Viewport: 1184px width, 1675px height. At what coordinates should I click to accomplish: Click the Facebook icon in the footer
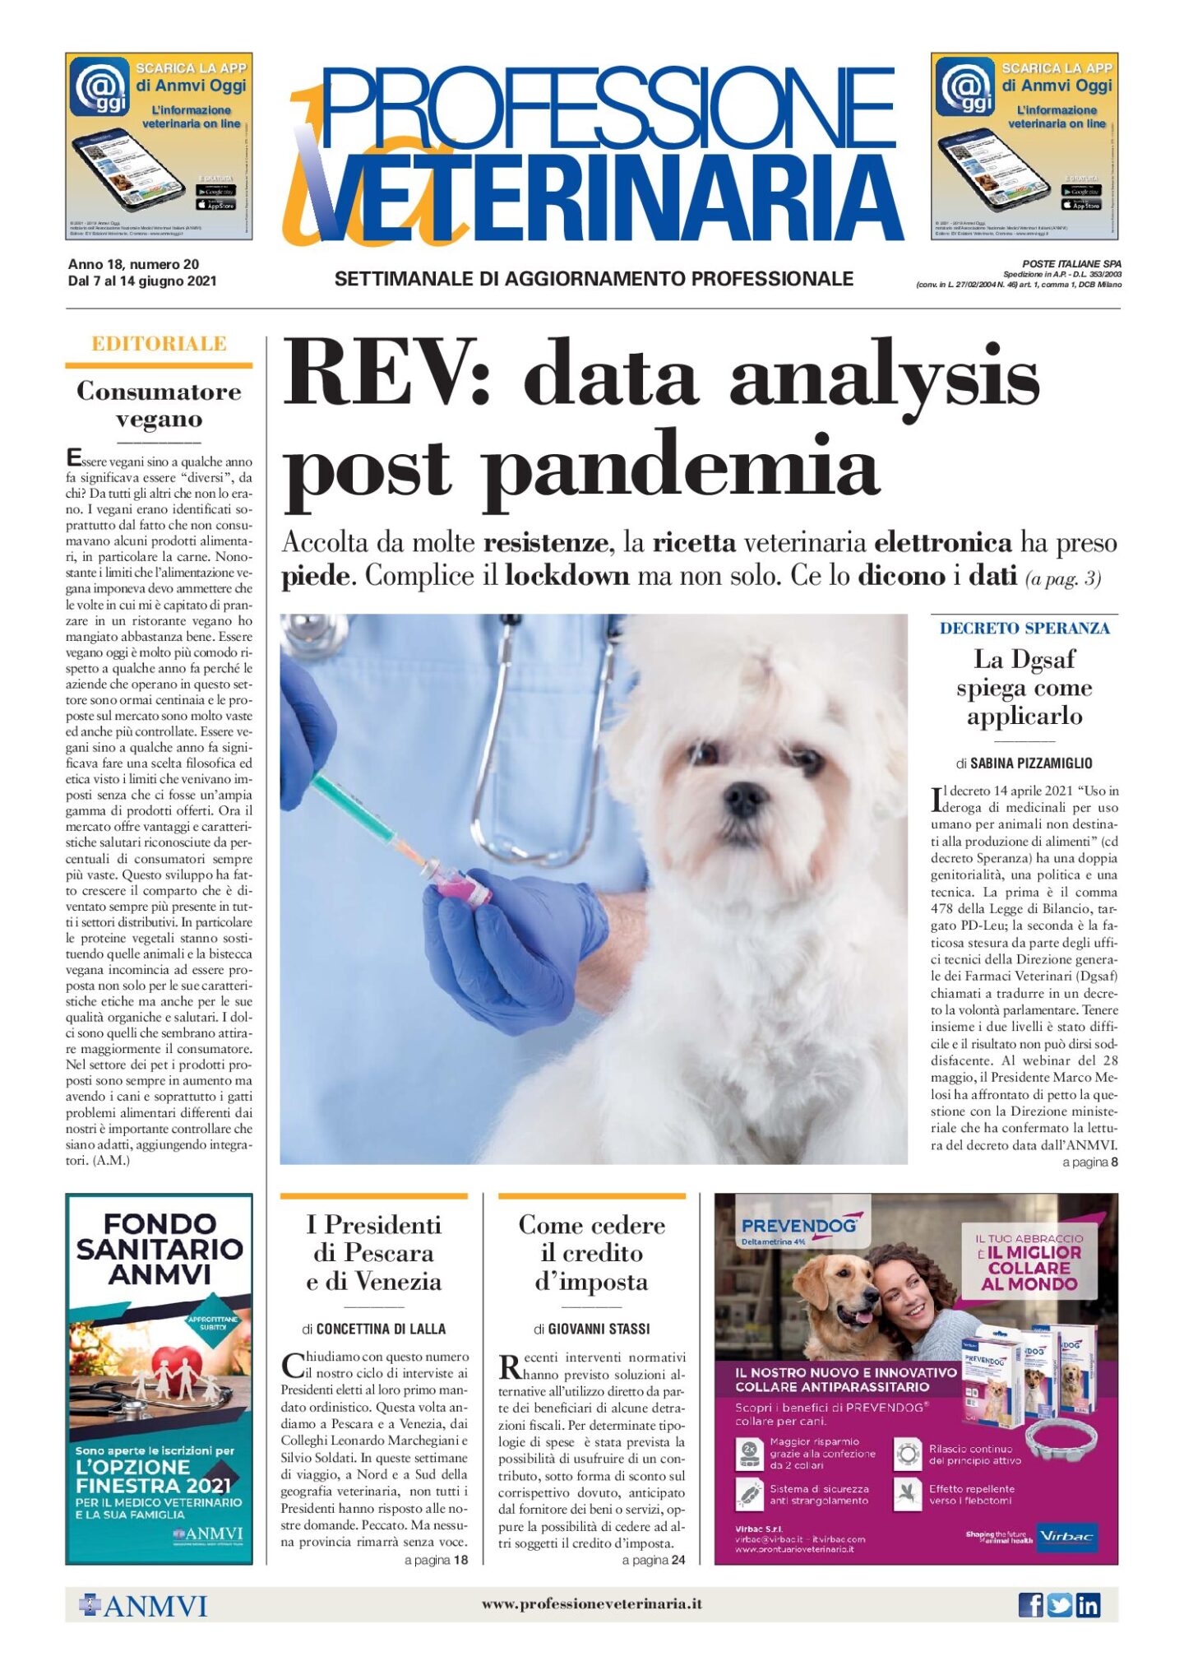(1030, 1604)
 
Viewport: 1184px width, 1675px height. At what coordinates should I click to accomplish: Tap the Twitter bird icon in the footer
(1059, 1604)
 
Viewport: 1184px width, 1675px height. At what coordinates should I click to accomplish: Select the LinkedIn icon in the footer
(1088, 1604)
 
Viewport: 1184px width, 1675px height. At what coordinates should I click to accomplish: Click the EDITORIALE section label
(159, 344)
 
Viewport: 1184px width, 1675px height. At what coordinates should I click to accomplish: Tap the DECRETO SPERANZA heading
(1024, 629)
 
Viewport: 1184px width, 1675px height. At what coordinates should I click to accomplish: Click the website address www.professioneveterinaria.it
(591, 1603)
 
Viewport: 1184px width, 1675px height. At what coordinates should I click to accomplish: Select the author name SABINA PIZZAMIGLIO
(1031, 763)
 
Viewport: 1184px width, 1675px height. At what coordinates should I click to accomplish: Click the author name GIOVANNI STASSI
(599, 1329)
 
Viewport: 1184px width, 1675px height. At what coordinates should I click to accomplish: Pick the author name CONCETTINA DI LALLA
(381, 1329)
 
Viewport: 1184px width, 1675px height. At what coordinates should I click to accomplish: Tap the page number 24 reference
(678, 1560)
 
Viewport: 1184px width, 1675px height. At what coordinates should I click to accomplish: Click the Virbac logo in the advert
(1066, 1536)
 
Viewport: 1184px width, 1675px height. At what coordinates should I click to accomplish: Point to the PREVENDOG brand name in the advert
(798, 1227)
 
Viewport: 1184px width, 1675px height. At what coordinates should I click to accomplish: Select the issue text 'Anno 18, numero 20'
(133, 264)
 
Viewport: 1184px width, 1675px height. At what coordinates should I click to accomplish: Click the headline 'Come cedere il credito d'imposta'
(591, 1253)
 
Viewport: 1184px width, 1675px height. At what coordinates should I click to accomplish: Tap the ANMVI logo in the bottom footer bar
(143, 1605)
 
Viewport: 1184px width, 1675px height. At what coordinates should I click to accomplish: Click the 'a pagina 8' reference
(1089, 1162)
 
